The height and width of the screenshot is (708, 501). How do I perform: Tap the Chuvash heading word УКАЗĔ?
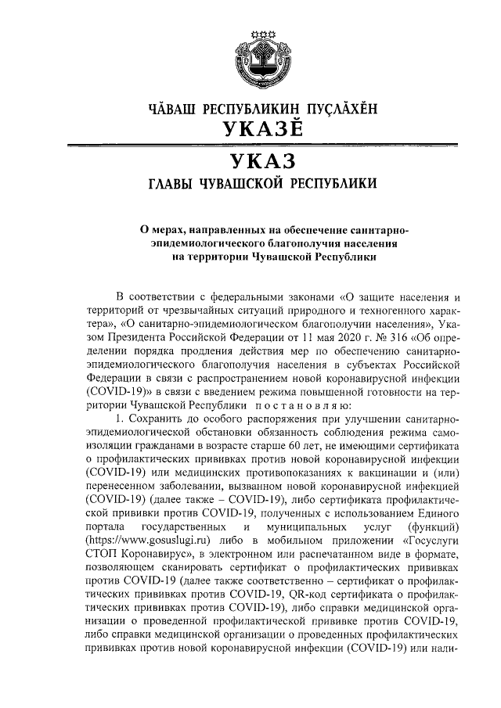251,131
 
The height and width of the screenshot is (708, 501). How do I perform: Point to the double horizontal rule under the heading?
250,146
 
